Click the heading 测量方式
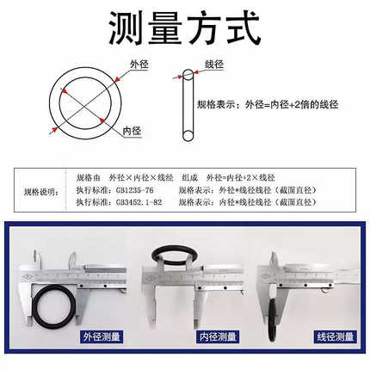184,29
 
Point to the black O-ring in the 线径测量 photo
274,305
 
